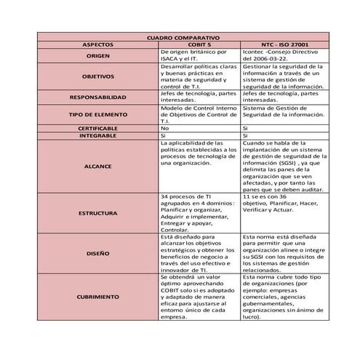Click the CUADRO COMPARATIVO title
[179, 37]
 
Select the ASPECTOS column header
[97, 44]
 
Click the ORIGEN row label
[97, 56]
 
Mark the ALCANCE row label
[97, 166]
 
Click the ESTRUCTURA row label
[97, 213]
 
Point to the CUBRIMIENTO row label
[97, 297]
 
